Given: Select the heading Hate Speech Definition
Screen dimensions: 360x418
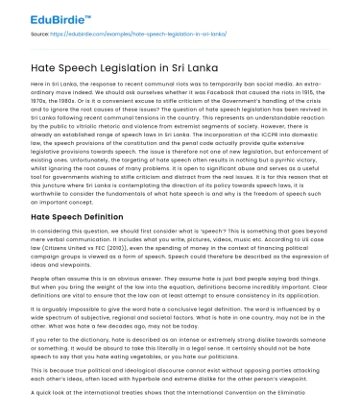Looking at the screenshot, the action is tap(73, 217).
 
